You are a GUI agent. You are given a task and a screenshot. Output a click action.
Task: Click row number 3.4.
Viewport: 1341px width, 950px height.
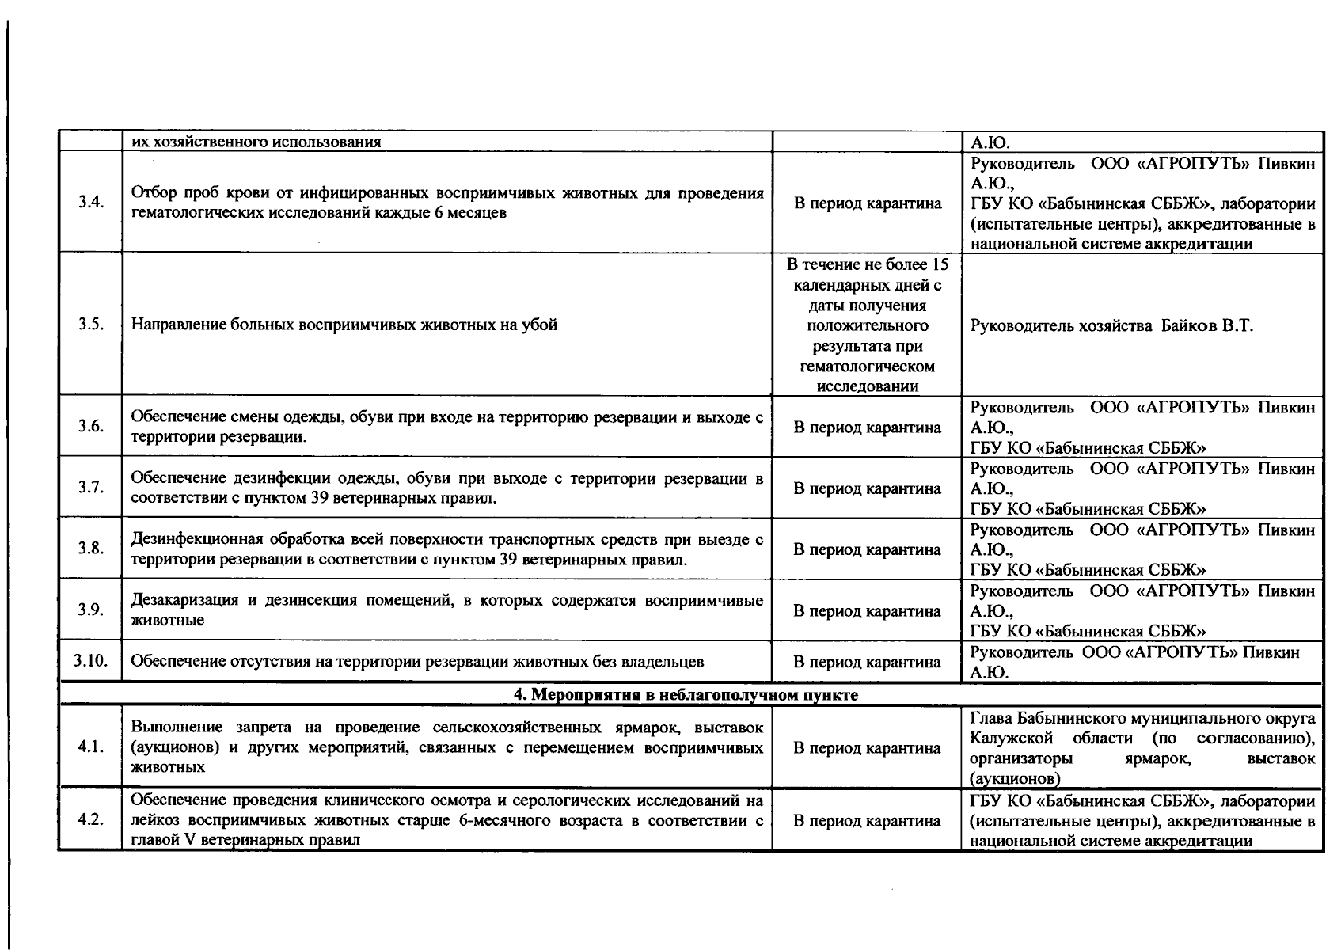91,202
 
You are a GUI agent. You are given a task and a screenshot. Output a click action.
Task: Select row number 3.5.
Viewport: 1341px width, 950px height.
91,325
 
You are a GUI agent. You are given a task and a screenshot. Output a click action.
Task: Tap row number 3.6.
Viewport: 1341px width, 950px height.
91,427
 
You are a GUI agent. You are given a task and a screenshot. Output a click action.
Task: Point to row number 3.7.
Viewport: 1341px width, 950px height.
91,488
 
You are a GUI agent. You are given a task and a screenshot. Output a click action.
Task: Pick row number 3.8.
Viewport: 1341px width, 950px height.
91,549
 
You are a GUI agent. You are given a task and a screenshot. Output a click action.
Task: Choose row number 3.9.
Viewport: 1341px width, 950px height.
91,610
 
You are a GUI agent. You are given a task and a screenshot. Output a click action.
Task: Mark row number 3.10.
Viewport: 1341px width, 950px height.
91,661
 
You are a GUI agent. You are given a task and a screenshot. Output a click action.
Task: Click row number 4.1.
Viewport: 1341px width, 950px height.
91,747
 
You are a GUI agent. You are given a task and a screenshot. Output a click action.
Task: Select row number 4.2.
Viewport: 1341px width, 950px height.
91,820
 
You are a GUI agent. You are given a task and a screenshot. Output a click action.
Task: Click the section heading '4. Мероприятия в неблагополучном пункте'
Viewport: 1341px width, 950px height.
686,695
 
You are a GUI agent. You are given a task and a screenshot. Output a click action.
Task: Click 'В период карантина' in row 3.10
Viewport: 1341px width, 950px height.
868,662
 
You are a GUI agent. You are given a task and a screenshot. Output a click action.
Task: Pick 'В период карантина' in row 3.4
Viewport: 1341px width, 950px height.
868,203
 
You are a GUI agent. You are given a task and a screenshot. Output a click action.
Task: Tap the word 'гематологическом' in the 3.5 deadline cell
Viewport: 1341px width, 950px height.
868,367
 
